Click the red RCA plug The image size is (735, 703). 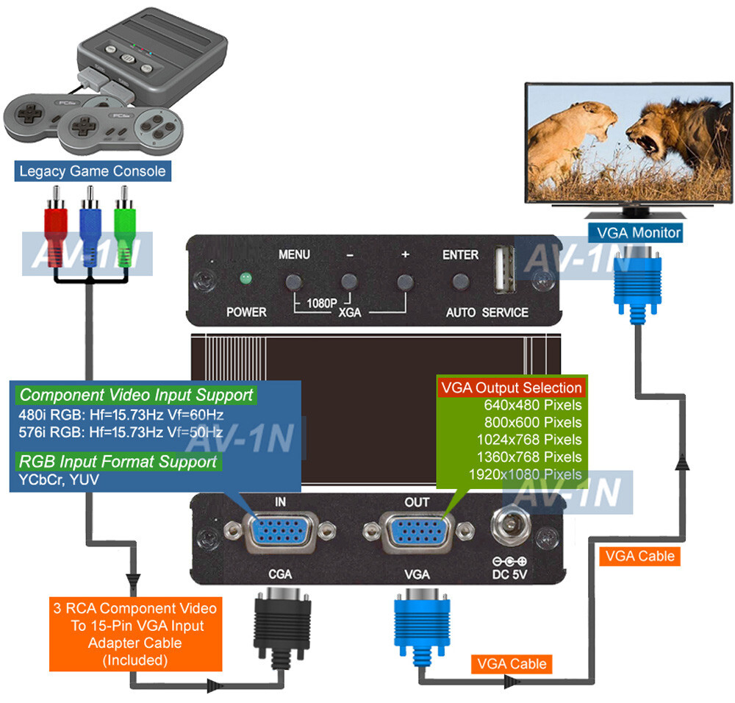[x=57, y=224]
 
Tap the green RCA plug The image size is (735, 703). [x=126, y=224]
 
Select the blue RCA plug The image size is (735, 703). [x=91, y=224]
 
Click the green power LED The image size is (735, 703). [x=245, y=279]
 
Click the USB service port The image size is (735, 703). [x=503, y=269]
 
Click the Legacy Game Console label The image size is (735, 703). [x=93, y=172]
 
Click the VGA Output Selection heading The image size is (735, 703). [x=511, y=388]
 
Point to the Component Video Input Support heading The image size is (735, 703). [x=136, y=395]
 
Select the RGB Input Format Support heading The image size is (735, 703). [x=118, y=462]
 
